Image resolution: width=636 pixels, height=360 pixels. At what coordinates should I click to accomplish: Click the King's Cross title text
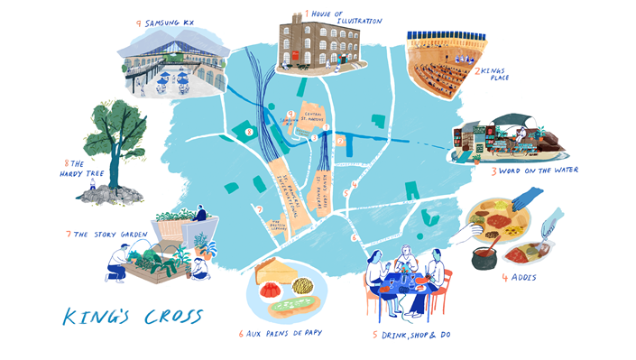click(x=133, y=317)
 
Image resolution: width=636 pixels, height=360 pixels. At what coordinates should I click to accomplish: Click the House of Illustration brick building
click(x=315, y=42)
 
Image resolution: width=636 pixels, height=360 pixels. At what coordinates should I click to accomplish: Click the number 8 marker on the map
click(x=249, y=132)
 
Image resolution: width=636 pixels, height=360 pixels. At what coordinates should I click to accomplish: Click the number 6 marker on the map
click(x=354, y=237)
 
